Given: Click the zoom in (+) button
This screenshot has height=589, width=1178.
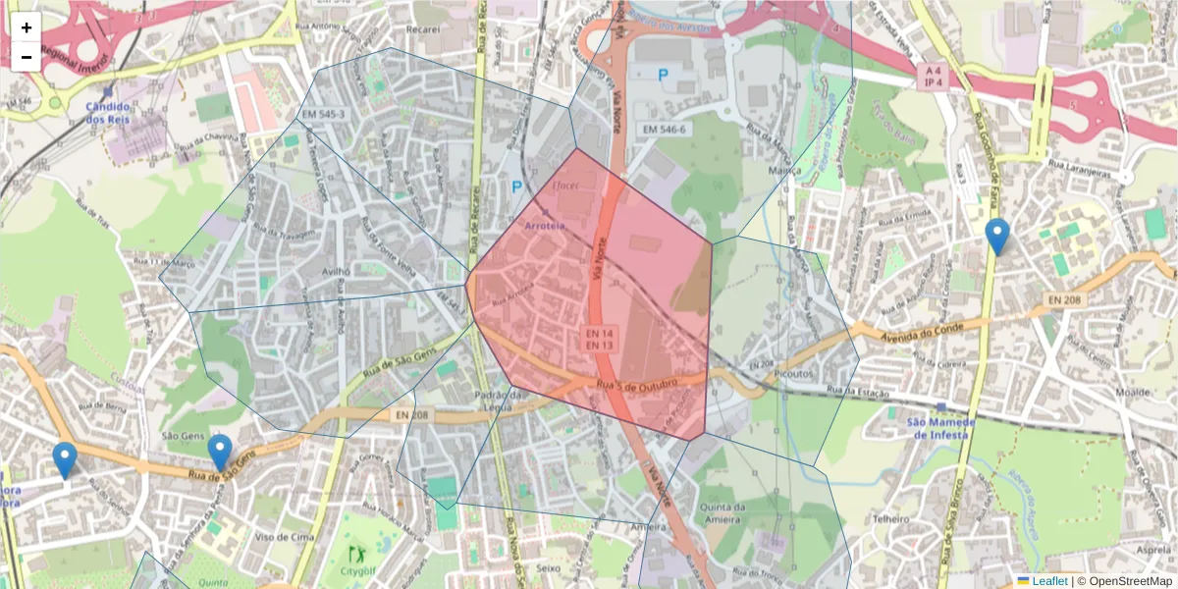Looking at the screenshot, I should point(27,27).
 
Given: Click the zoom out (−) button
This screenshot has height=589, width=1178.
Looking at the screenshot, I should point(27,57).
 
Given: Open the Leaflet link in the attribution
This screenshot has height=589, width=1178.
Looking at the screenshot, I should point(1048,581).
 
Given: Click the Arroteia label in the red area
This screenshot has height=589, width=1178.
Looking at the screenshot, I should point(546,226).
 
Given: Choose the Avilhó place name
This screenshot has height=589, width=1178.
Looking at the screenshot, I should point(337,272).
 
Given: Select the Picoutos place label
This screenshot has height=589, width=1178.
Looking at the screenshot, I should point(793,374).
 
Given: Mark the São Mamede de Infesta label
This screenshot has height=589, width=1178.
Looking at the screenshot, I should point(939,427).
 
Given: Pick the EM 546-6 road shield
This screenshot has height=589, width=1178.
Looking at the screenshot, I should point(665,129).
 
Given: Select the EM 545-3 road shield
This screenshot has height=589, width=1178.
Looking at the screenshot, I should point(327,115).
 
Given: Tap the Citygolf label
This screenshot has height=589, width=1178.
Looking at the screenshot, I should point(358,570).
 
